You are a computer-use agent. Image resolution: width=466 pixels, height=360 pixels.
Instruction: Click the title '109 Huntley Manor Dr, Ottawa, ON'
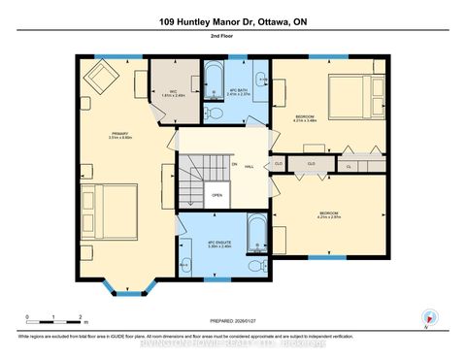point(232,20)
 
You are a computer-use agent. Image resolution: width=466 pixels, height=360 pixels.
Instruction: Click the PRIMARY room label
point(119,136)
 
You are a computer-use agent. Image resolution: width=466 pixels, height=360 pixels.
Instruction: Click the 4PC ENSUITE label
point(218,244)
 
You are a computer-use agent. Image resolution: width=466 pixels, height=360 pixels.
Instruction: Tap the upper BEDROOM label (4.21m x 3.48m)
point(305,118)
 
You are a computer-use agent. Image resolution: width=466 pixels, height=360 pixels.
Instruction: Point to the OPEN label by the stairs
point(217,194)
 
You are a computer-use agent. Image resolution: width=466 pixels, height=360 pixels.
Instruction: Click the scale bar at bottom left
point(55,318)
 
